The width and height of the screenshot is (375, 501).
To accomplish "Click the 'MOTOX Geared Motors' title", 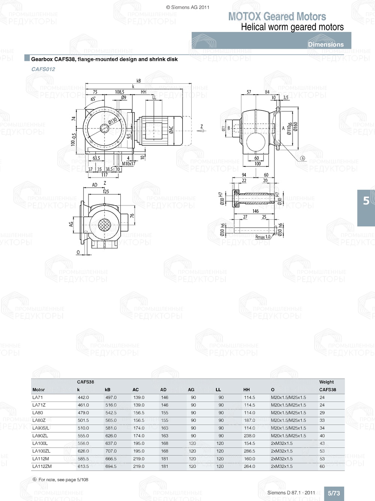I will click(x=277, y=17).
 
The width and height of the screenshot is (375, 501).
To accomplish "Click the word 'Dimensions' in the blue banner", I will click(x=325, y=44).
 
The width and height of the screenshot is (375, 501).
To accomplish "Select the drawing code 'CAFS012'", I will click(x=43, y=69).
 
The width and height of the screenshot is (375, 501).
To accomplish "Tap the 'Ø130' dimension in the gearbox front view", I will click(x=112, y=121).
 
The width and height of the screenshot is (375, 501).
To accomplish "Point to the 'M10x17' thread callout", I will click(x=129, y=164).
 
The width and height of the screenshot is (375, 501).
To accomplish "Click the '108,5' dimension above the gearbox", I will click(x=120, y=92).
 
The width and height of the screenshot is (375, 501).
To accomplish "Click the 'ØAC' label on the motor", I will click(x=171, y=130).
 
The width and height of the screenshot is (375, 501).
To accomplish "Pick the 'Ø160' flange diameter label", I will click(x=295, y=127).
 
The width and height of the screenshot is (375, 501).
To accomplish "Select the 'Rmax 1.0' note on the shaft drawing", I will click(x=262, y=237).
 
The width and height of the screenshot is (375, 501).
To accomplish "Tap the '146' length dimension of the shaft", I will click(x=255, y=211).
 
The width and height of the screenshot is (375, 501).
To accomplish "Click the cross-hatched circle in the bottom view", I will click(x=104, y=225).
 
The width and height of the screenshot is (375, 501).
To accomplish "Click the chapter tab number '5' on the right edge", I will click(x=366, y=201).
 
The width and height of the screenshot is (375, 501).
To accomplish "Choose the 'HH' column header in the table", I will click(x=246, y=390).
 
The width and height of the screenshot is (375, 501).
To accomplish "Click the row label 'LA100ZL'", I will click(x=41, y=451).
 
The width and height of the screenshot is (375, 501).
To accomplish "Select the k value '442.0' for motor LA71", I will click(x=83, y=397).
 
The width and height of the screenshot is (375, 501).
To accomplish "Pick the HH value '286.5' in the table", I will click(x=249, y=451).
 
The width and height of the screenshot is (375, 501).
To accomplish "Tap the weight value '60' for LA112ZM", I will click(x=322, y=466).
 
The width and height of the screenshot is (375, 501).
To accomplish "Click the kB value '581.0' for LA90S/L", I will click(x=111, y=428).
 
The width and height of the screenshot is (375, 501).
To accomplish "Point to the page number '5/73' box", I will click(x=334, y=493).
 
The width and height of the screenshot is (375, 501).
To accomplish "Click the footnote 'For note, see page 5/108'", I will click(x=63, y=480).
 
